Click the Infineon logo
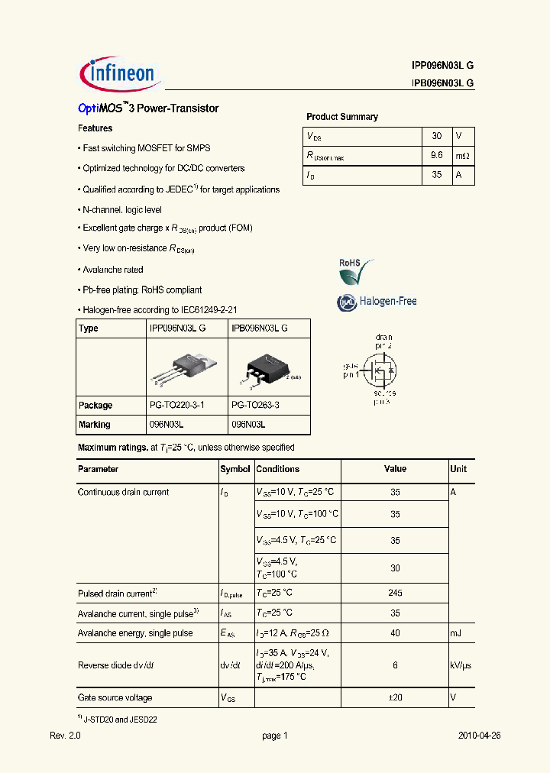coord(118,73)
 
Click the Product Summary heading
coord(342,117)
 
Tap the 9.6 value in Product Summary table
coord(437,155)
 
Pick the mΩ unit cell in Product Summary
coord(463,155)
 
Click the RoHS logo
coord(355,270)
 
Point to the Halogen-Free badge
coord(377,302)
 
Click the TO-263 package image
coord(264,368)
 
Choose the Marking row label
coord(95,425)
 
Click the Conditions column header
coord(278,469)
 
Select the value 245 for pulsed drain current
coord(395,593)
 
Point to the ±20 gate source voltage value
coord(395,698)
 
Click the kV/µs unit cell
coord(461,665)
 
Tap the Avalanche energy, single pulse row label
coord(135,633)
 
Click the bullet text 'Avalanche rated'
coord(112,270)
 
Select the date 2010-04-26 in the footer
coord(479,736)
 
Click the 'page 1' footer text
coord(275,736)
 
